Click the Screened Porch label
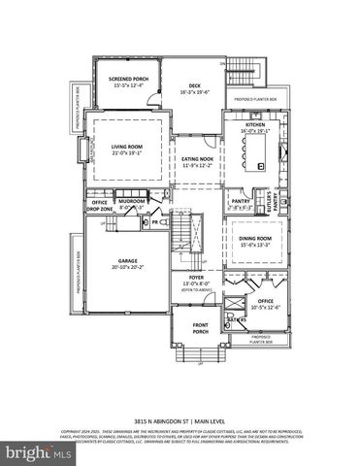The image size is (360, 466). [x=126, y=80]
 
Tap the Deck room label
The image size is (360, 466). [x=194, y=88]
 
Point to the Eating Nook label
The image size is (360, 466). [x=198, y=161]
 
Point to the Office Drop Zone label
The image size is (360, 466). [x=100, y=206]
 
